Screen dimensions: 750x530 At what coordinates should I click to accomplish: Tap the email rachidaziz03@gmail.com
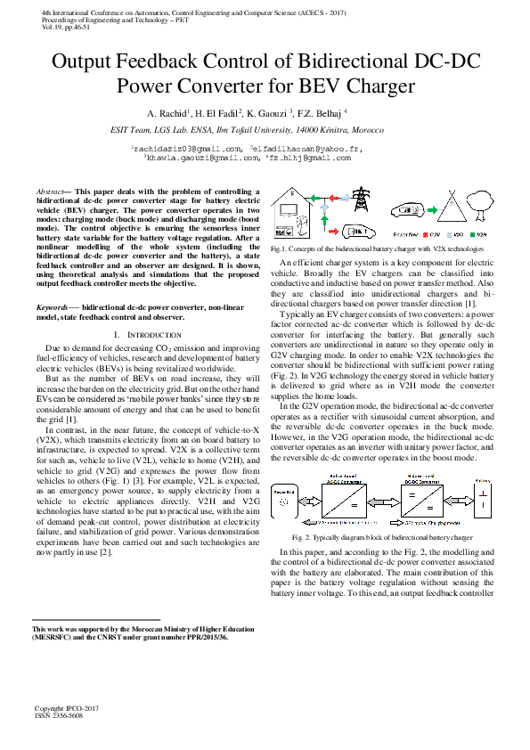[186, 148]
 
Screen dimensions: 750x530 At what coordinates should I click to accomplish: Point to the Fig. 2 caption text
[382, 538]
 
